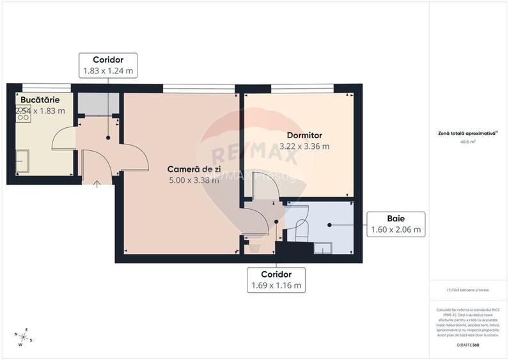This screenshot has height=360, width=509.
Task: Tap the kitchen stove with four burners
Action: pyautogui.click(x=23, y=114)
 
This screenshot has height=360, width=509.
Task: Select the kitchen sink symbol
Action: pyautogui.click(x=23, y=162)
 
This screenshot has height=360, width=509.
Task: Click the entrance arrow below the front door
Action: pyautogui.click(x=97, y=184)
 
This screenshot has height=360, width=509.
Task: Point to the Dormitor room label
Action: pyautogui.click(x=304, y=136)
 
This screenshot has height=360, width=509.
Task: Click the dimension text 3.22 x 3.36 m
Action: pyautogui.click(x=304, y=146)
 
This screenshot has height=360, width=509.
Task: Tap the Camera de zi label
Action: pyautogui.click(x=193, y=169)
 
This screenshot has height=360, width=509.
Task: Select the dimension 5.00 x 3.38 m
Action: pyautogui.click(x=193, y=180)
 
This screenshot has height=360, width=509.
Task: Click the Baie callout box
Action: pyautogui.click(x=395, y=224)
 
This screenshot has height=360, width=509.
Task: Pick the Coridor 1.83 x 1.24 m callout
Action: pyautogui.click(x=107, y=65)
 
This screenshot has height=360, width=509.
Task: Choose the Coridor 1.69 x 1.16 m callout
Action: pyautogui.click(x=276, y=279)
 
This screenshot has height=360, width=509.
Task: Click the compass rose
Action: pyautogui.click(x=24, y=336)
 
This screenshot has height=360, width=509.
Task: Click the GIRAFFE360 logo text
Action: pyautogui.click(x=467, y=345)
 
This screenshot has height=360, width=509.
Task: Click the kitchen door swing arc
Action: pyautogui.click(x=63, y=137)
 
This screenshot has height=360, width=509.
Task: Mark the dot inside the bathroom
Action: pyautogui.click(x=329, y=224)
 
